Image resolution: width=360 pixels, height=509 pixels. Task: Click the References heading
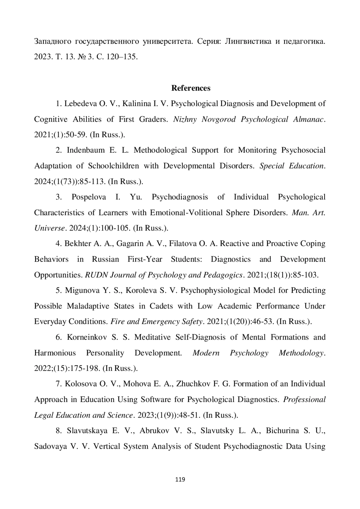(191, 88)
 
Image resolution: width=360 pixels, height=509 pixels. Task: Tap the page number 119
(180, 479)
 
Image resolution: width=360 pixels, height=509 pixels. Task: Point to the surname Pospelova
(88, 197)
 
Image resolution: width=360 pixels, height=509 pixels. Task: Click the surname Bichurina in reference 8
(282, 431)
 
